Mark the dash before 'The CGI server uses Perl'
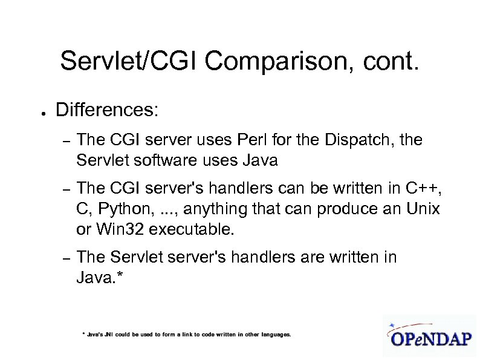point(68,142)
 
